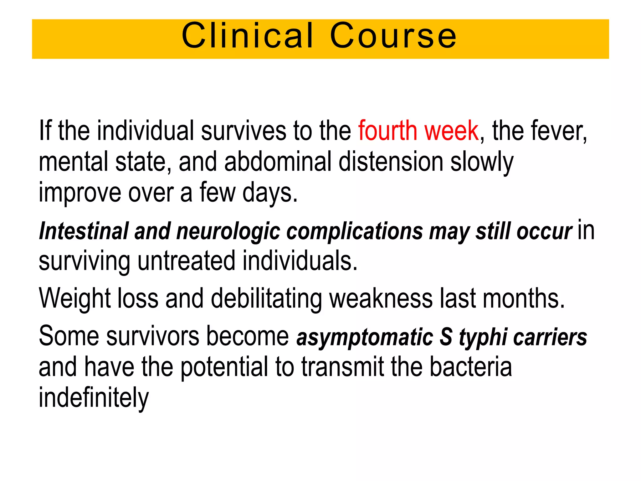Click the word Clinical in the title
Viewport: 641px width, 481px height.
pos(247,36)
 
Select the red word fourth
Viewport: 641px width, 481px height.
pos(387,131)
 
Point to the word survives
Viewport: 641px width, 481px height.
pos(244,131)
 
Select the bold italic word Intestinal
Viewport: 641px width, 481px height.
pos(84,231)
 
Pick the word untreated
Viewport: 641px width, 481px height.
pos(186,261)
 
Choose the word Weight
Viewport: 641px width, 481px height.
pos(75,299)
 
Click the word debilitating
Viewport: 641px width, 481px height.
pos(266,299)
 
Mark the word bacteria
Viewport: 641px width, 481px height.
pos(471,367)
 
